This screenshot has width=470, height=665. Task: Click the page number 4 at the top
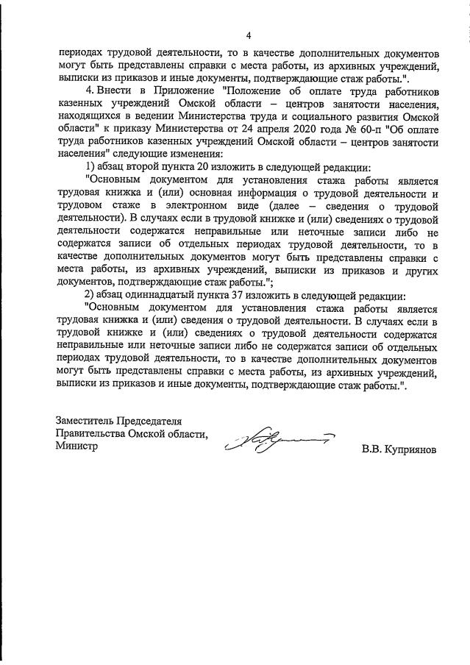pos(248,35)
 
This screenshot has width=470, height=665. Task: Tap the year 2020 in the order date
pos(307,129)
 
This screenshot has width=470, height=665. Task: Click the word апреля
pos(271,129)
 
